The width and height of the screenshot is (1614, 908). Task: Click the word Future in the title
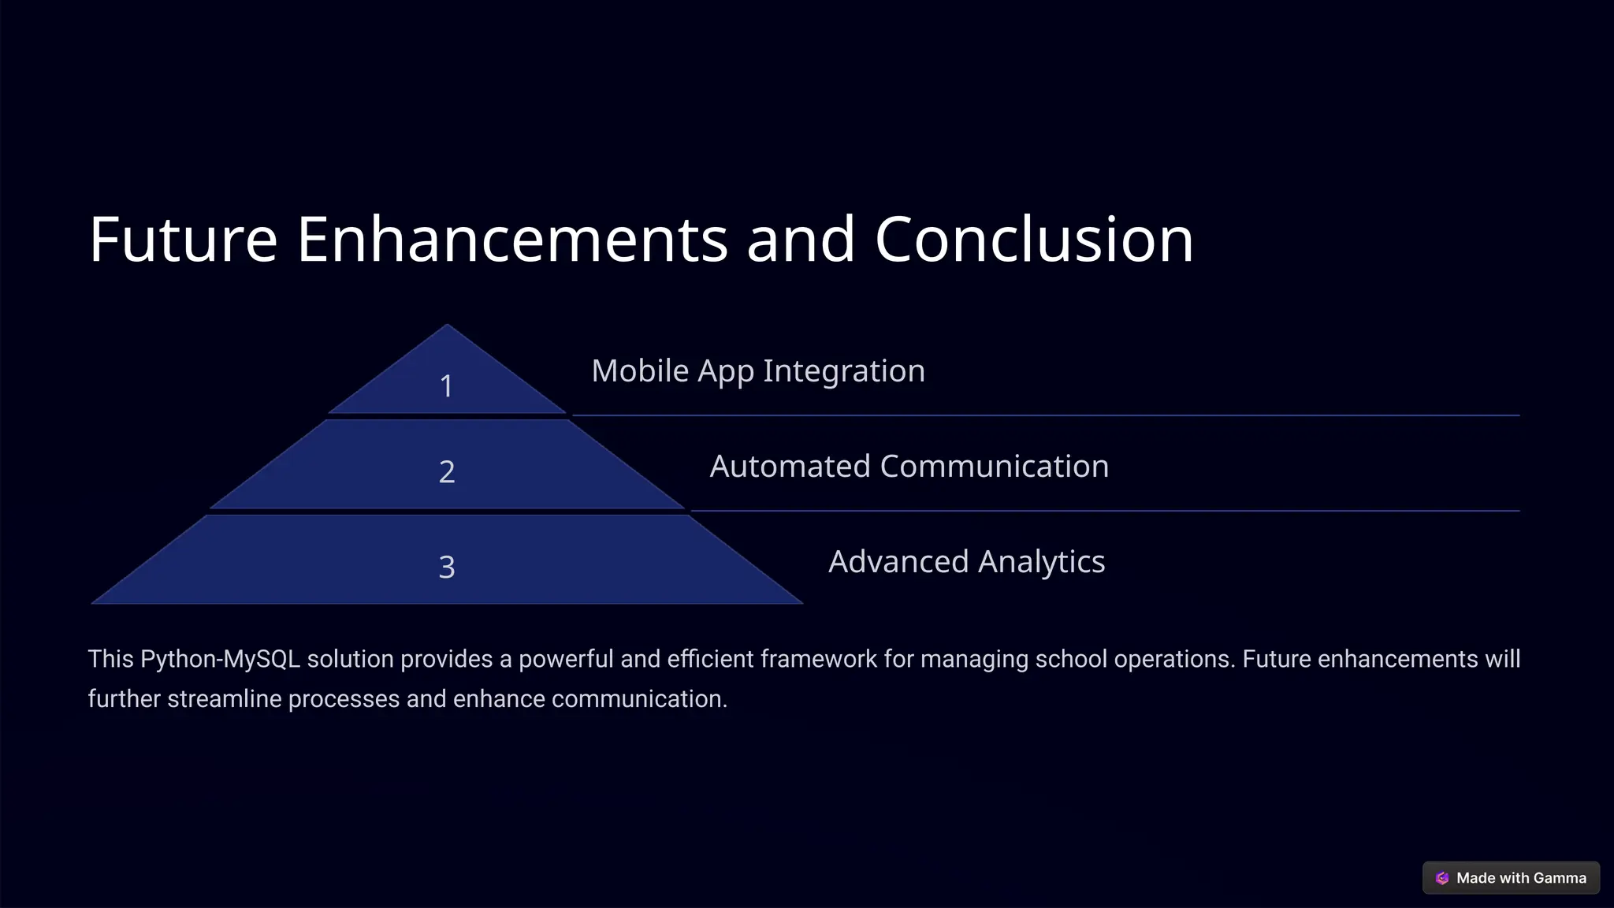coord(183,239)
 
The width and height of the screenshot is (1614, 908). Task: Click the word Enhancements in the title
coord(512,239)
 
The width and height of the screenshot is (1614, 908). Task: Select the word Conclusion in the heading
coord(1034,239)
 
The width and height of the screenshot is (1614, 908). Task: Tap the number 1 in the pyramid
coord(446,386)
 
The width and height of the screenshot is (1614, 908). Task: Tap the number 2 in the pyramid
coord(447,471)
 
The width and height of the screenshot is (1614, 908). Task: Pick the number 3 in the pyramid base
coord(447,567)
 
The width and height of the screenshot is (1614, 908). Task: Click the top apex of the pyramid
coord(447,326)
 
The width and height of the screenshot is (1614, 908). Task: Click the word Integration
coord(844,371)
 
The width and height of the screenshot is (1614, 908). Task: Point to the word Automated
coord(790,466)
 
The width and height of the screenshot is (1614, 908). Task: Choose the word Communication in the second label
coord(994,466)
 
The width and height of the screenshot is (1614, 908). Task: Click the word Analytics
coord(1042,562)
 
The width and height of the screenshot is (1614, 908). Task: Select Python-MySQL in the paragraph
coord(221,659)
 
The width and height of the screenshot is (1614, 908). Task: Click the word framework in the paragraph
coord(819,659)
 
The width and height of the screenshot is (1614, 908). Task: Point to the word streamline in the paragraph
coord(224,699)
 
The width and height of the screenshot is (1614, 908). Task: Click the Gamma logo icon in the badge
coord(1442,878)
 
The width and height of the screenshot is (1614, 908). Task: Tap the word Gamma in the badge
coord(1560,878)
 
